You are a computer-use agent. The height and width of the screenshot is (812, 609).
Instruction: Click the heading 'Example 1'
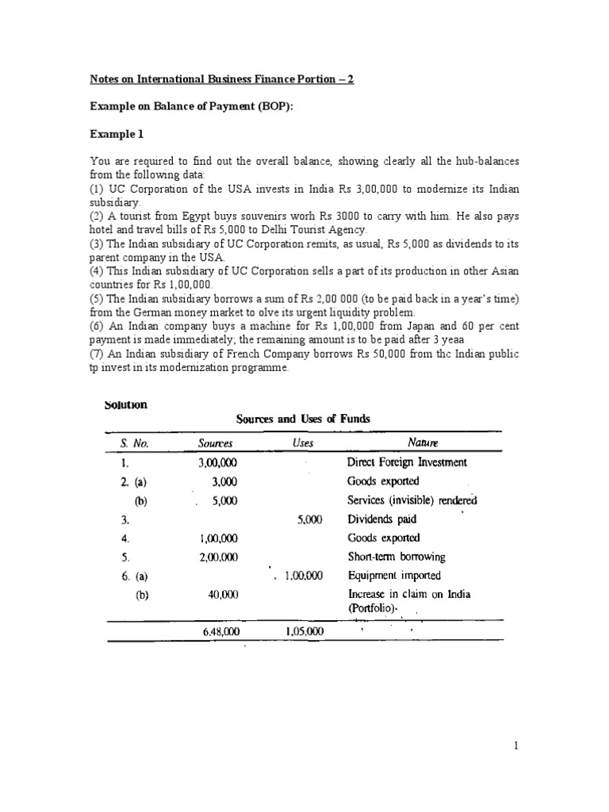coord(116,135)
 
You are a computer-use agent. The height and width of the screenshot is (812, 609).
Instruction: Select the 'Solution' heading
coord(125,404)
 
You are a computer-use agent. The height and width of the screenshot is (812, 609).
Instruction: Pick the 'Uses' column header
coord(303,444)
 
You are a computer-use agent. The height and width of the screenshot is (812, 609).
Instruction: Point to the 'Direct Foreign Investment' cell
coord(407,462)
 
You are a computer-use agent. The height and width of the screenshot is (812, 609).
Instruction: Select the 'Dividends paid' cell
coord(382,519)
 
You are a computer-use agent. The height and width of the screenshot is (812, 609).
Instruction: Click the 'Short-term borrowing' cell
coord(396,557)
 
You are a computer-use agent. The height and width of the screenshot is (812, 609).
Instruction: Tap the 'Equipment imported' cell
coord(394,576)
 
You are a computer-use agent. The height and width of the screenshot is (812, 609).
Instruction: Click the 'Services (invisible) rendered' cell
coord(412,500)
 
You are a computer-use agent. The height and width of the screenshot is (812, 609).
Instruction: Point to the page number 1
coord(515,745)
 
